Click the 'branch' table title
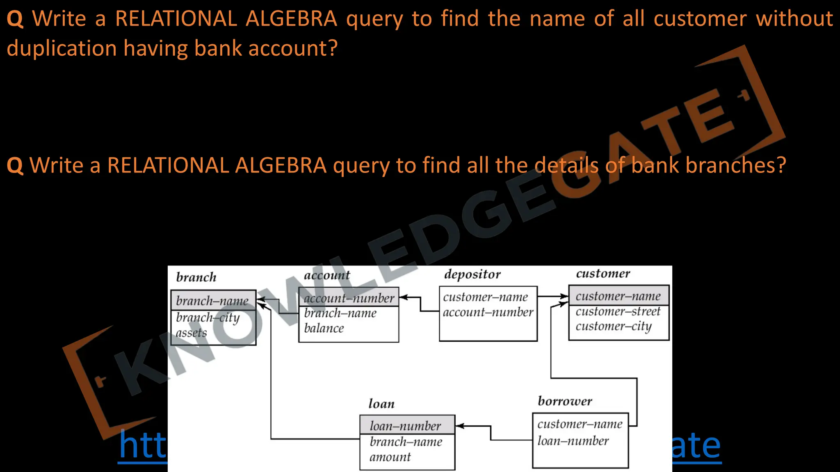(x=196, y=277)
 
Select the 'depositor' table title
(x=472, y=275)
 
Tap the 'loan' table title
(x=381, y=404)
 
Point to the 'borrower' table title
(x=565, y=401)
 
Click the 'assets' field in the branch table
(x=191, y=333)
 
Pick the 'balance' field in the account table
(x=324, y=328)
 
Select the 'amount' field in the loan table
(x=390, y=457)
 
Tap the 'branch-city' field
(x=208, y=318)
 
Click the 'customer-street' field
(x=618, y=311)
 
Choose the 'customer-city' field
(x=613, y=327)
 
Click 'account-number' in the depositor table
(x=488, y=312)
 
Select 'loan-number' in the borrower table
(x=573, y=441)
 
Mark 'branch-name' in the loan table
(x=406, y=442)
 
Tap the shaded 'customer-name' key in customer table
(x=618, y=296)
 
